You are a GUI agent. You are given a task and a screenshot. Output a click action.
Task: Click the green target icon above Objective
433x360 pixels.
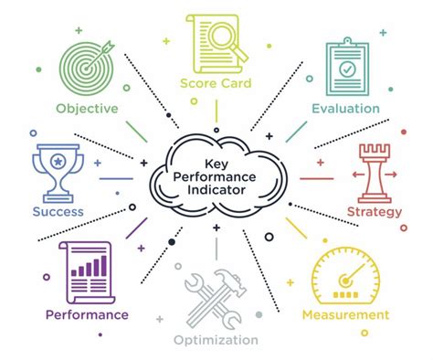(x=87, y=63)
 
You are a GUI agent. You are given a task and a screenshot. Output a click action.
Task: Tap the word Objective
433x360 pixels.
(x=86, y=108)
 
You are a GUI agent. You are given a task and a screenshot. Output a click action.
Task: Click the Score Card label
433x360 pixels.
(x=216, y=85)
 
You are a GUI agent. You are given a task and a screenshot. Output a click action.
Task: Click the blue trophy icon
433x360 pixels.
(x=58, y=171)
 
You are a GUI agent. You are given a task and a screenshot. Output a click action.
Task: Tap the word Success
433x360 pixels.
(x=58, y=212)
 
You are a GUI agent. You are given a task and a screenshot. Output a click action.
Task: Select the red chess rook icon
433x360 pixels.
(x=372, y=174)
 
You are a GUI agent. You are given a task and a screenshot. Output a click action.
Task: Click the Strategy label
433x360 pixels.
(x=375, y=212)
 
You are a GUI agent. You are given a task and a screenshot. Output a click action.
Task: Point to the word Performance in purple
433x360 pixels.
(x=87, y=315)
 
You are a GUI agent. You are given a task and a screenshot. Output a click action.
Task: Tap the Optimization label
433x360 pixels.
(x=216, y=340)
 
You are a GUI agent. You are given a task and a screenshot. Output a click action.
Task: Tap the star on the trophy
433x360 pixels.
(x=58, y=161)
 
